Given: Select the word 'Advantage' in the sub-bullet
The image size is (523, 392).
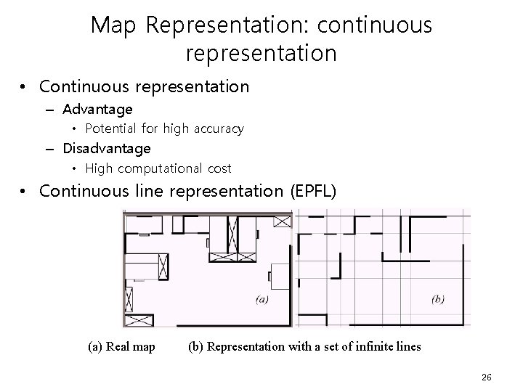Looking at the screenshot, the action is point(97,110).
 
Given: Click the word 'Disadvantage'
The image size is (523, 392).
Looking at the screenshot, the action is point(107,149).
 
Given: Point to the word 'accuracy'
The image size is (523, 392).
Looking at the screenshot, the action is point(217,129).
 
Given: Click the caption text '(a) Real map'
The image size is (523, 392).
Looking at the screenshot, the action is point(121,346).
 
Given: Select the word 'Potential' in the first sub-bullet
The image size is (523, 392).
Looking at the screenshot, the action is point(109,129).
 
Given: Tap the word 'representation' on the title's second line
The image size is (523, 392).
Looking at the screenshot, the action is point(261,54).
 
